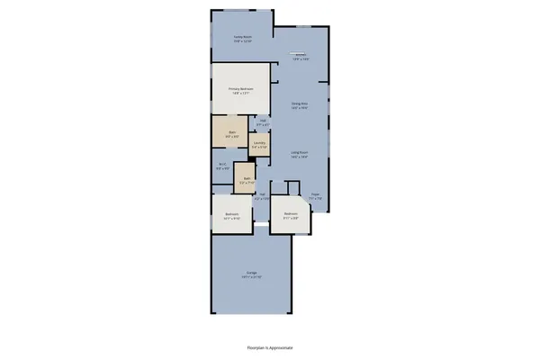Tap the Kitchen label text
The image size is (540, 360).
pyautogui.click(x=301, y=55)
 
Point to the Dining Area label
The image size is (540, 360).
pyautogui.click(x=300, y=103)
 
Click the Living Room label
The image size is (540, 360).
pyautogui.click(x=300, y=153)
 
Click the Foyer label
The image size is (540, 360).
pyautogui.click(x=315, y=193)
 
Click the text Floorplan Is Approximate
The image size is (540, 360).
pyautogui.click(x=270, y=346)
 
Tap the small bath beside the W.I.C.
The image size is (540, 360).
pyautogui.click(x=246, y=178)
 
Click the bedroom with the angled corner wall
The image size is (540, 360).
pyautogui.click(x=290, y=214)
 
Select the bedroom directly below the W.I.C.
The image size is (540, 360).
pyautogui.click(x=231, y=214)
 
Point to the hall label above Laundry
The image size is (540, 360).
pyautogui.click(x=264, y=120)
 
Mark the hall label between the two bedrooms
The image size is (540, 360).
pyautogui.click(x=263, y=195)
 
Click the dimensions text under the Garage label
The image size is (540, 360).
pyautogui.click(x=251, y=278)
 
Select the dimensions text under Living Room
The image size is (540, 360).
pyautogui.click(x=300, y=157)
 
